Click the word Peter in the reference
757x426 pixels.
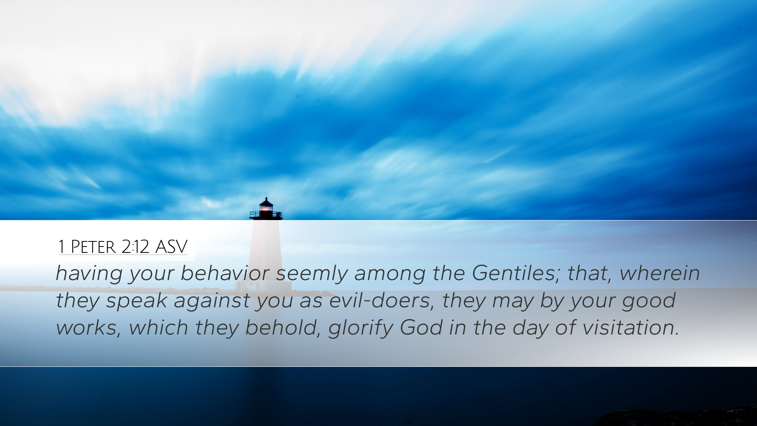(x=93, y=247)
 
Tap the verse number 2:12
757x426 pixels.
(x=135, y=247)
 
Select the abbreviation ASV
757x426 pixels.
(x=171, y=247)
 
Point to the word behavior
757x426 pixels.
(x=225, y=273)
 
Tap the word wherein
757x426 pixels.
(x=660, y=273)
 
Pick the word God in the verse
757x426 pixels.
(x=421, y=327)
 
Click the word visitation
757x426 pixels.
(x=630, y=327)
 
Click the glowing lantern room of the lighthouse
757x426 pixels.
(x=266, y=208)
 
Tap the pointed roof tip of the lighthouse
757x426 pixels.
(x=266, y=198)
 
